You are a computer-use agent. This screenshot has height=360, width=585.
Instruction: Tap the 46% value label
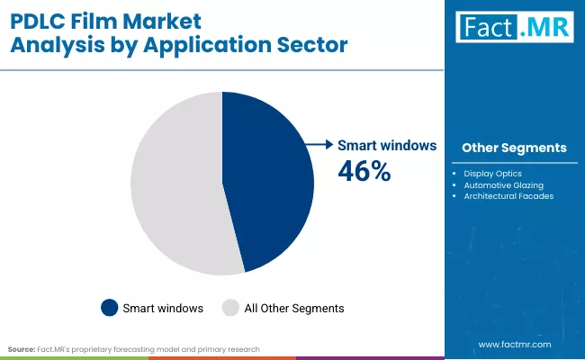tap(364, 170)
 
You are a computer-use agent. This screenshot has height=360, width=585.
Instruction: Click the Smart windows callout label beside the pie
tap(387, 144)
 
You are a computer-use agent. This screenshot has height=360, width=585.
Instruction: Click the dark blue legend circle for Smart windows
tap(109, 308)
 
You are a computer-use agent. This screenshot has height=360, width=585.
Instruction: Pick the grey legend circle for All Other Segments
tap(231, 308)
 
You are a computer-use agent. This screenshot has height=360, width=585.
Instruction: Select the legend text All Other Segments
tap(294, 308)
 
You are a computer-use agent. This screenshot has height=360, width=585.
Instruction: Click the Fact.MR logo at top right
tap(514, 29)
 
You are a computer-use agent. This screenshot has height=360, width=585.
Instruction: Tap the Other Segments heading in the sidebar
tap(514, 148)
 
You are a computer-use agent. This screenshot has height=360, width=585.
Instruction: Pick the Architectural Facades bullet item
tap(508, 195)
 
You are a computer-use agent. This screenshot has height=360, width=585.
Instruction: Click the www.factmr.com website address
tap(515, 344)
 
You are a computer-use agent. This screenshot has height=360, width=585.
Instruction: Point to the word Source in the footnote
tap(21, 348)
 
